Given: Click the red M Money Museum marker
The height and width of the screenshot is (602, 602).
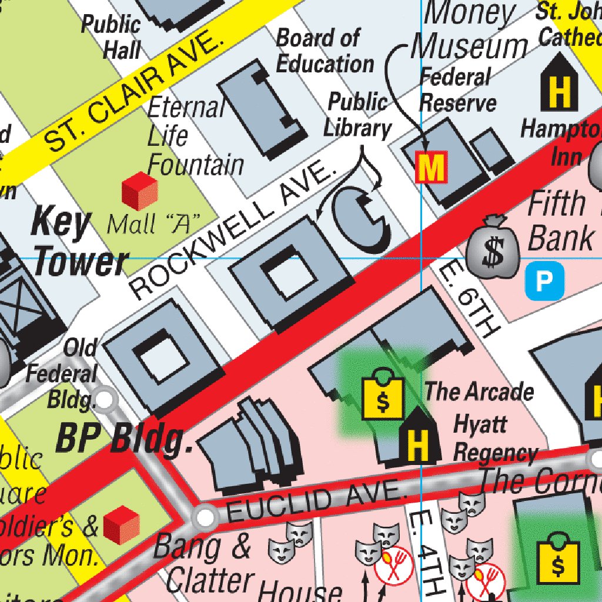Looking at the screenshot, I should coord(431,168).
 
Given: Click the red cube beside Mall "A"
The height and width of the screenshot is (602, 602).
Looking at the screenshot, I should coord(139,191).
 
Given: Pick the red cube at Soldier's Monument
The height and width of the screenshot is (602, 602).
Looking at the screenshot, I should coord(121,524).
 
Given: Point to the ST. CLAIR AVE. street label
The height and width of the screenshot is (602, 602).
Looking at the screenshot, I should coord(135,93).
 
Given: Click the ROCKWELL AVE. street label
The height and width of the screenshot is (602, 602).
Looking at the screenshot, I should coord(232,233).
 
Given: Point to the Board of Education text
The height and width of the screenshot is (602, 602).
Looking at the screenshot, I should coord(325,51).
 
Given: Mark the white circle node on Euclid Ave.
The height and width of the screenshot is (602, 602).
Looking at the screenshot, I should coord(205,517).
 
